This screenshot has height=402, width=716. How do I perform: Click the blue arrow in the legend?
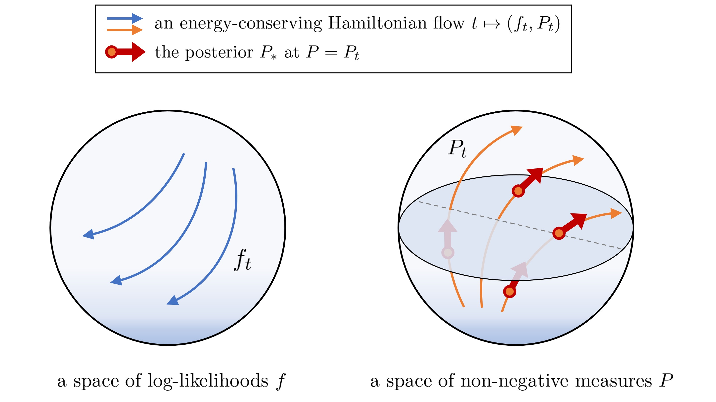[x=125, y=18]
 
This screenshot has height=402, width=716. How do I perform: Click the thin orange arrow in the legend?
[x=125, y=30]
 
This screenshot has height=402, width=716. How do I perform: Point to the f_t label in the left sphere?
[x=243, y=260]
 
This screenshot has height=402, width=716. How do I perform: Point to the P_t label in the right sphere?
[x=457, y=148]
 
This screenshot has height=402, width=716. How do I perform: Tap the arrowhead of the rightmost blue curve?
[x=173, y=301]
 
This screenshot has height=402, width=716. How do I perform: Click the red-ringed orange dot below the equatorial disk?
[x=509, y=292]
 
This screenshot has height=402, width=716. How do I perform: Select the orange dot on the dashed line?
[x=559, y=233]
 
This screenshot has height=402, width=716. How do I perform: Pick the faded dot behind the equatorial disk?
[x=448, y=252]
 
